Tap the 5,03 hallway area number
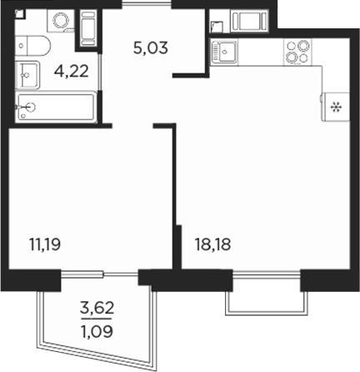pos(151,47)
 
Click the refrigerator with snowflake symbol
pos(335,106)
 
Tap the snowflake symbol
pos(336,107)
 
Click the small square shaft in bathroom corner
pos(21,14)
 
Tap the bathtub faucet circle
pos(30,107)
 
